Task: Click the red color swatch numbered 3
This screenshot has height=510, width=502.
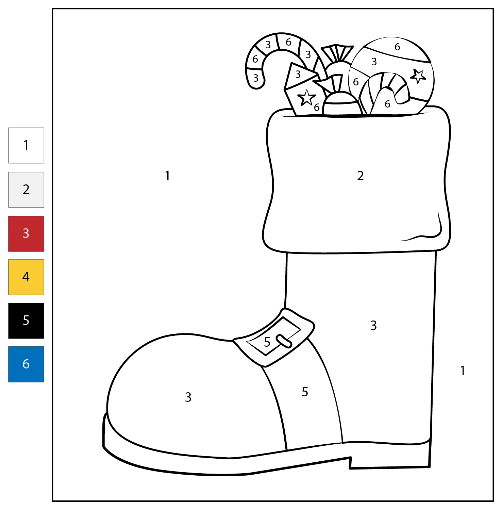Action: pyautogui.click(x=26, y=233)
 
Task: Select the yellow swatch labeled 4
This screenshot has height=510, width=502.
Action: pyautogui.click(x=26, y=277)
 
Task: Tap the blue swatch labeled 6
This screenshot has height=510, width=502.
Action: pyautogui.click(x=26, y=364)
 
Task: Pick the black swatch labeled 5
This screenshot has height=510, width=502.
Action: pyautogui.click(x=26, y=320)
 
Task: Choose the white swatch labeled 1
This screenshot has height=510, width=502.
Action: pyautogui.click(x=26, y=145)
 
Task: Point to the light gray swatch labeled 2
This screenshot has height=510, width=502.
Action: pyautogui.click(x=26, y=190)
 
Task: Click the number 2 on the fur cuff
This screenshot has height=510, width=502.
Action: pyautogui.click(x=361, y=176)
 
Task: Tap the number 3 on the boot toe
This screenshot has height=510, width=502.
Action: pyautogui.click(x=188, y=397)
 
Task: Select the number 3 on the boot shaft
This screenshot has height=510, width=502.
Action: pyautogui.click(x=373, y=325)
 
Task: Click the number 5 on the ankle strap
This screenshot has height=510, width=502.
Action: pyautogui.click(x=305, y=392)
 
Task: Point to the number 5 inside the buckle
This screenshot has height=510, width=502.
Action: pyautogui.click(x=267, y=342)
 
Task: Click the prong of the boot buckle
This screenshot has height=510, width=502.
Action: pyautogui.click(x=284, y=341)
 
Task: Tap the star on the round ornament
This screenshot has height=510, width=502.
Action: pyautogui.click(x=418, y=76)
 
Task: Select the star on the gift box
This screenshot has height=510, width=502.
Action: pyautogui.click(x=307, y=98)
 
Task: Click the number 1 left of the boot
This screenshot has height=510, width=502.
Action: pyautogui.click(x=167, y=176)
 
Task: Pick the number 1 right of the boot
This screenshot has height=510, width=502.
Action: pyautogui.click(x=463, y=371)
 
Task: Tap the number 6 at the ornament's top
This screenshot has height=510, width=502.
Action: pyautogui.click(x=397, y=47)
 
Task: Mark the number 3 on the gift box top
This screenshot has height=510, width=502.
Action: pyautogui.click(x=298, y=74)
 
